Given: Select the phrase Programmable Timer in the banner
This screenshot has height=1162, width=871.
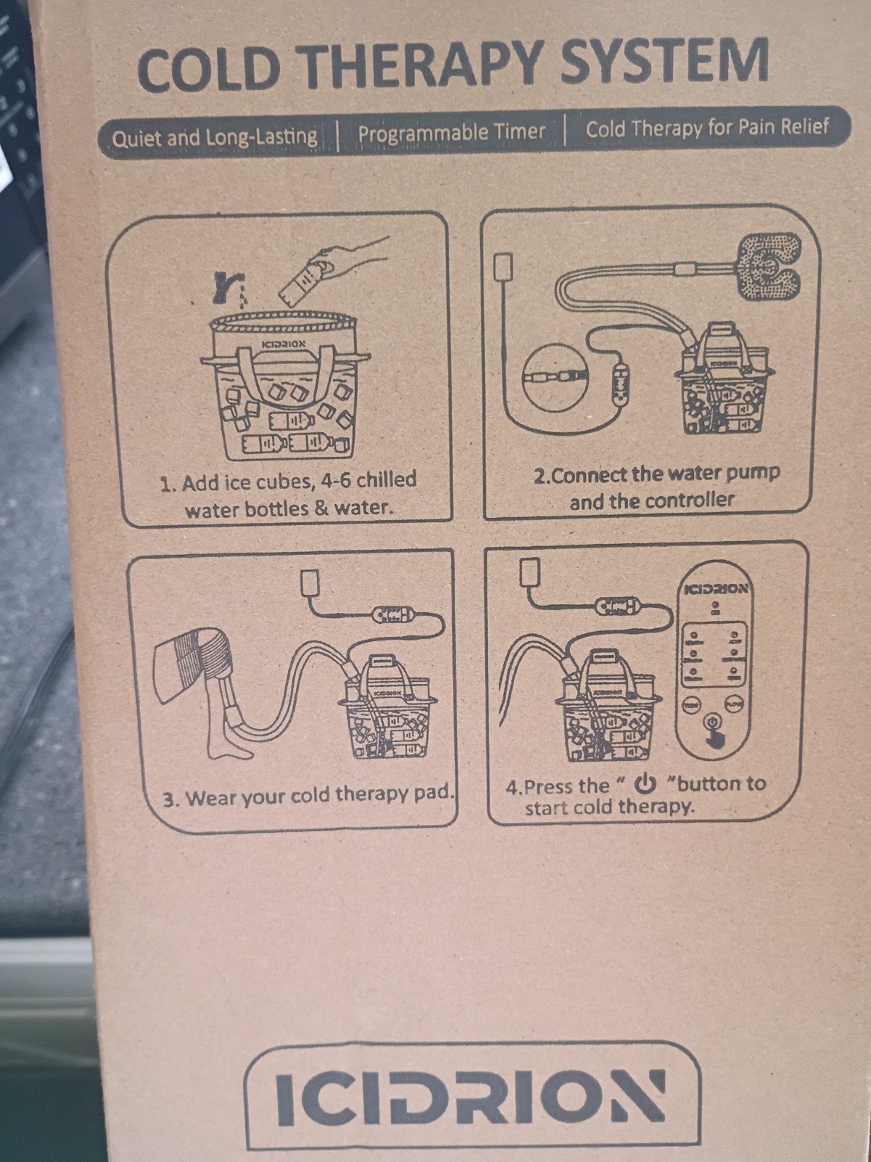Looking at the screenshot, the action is [451, 132].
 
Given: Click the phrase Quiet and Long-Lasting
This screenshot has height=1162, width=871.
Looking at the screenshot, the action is [214, 138].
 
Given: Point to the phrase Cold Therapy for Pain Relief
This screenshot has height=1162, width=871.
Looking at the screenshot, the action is [707, 128].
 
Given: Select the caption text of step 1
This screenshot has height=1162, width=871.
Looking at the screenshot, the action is [288, 495].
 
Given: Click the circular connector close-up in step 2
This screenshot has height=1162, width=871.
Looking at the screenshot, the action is [555, 377].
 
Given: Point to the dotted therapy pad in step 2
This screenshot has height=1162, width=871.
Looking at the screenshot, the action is [769, 267].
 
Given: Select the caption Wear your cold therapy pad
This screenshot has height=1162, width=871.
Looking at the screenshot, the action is [309, 796].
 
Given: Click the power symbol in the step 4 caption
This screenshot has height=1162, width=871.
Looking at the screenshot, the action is [645, 784].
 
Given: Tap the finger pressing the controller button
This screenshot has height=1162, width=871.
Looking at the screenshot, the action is [715, 737].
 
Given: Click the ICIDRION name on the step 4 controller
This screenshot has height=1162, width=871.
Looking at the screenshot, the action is [716, 588].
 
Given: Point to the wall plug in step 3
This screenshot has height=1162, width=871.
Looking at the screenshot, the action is [310, 583].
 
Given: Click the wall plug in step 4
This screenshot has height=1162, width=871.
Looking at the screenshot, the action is [529, 572].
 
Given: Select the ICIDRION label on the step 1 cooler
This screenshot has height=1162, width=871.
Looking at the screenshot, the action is [284, 344].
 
